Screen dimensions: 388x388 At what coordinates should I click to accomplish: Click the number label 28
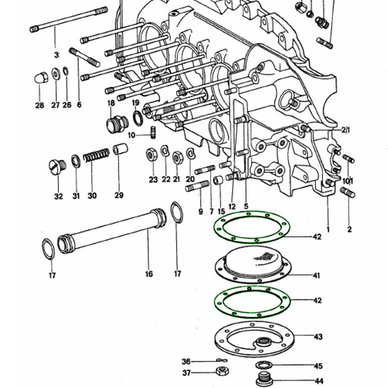click(x=39, y=106)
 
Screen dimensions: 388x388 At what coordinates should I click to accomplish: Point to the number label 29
click(x=119, y=196)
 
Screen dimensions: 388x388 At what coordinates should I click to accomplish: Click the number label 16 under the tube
click(x=149, y=273)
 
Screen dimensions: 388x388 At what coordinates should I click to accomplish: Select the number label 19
click(x=136, y=103)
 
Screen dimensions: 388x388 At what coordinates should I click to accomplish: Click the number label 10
click(x=131, y=135)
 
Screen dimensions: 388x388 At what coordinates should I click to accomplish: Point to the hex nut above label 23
click(x=151, y=154)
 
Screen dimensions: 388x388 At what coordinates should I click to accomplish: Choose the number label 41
click(x=317, y=275)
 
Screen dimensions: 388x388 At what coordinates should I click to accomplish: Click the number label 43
click(x=318, y=337)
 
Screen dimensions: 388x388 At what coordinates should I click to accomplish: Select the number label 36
click(x=186, y=362)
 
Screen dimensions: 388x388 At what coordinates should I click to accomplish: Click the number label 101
click(x=348, y=181)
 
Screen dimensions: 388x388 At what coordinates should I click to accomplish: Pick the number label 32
click(x=58, y=196)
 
